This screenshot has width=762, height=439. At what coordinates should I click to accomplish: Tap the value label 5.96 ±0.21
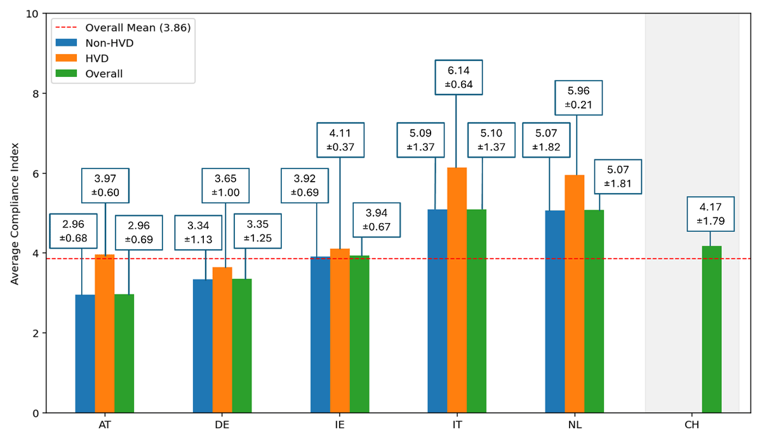point(578,97)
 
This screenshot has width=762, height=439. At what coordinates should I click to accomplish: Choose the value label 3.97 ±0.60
point(105,186)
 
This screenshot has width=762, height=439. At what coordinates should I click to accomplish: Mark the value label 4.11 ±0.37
point(340,140)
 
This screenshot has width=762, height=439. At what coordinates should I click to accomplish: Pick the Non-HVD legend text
point(105,43)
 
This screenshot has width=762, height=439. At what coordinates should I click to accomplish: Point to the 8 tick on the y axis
point(36,93)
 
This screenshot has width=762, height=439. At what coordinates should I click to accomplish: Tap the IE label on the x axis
point(340,424)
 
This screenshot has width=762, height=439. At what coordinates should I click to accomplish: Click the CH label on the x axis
point(692,424)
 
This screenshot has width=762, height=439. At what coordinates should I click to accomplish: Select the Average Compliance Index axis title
point(14,213)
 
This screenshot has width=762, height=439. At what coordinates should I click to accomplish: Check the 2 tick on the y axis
point(36,333)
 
